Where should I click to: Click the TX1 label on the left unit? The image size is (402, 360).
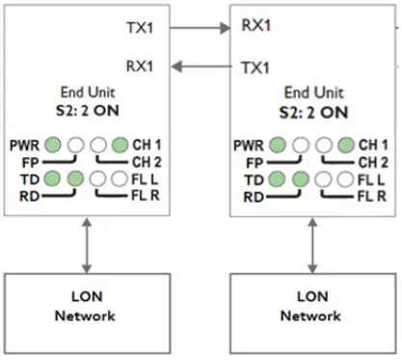[141, 27]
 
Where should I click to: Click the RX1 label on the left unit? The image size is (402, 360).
[141, 66]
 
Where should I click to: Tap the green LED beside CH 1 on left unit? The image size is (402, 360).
[119, 145]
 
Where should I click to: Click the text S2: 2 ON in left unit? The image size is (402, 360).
[85, 110]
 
